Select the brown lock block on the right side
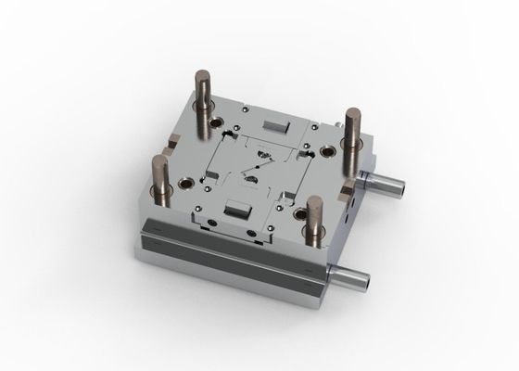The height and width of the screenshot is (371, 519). (x=344, y=192)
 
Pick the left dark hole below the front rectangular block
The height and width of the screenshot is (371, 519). (x=214, y=224)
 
